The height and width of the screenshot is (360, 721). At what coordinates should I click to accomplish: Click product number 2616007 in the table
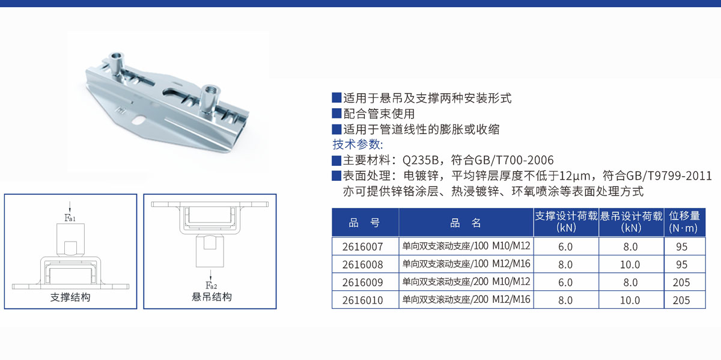tap(362, 246)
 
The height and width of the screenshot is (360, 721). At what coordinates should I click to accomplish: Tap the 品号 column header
tap(364, 222)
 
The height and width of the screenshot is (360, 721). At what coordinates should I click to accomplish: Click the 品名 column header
tap(466, 222)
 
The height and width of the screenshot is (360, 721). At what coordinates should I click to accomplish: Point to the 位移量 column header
tap(684, 222)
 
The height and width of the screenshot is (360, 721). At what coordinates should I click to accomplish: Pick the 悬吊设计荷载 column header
tap(631, 222)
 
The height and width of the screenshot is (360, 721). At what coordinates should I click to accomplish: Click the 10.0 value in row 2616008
tap(630, 264)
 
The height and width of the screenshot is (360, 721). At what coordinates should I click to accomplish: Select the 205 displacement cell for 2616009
tap(681, 282)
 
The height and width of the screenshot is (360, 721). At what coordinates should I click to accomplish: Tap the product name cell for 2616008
tap(466, 264)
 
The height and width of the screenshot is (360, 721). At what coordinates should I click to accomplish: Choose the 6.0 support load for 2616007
tap(565, 246)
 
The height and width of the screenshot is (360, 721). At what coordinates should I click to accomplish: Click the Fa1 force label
tap(70, 218)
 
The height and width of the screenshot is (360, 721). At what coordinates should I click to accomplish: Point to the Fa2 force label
tap(211, 285)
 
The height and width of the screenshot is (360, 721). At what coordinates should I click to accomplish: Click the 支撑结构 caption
tap(70, 297)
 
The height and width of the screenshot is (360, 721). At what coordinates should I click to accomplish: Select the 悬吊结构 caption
tap(211, 296)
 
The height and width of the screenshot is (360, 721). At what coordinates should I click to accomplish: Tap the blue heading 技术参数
tap(357, 144)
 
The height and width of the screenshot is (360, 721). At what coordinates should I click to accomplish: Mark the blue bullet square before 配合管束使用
tap(336, 114)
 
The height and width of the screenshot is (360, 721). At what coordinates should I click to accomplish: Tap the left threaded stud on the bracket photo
tap(115, 64)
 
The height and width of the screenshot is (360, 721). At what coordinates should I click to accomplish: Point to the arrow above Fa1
tap(70, 207)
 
